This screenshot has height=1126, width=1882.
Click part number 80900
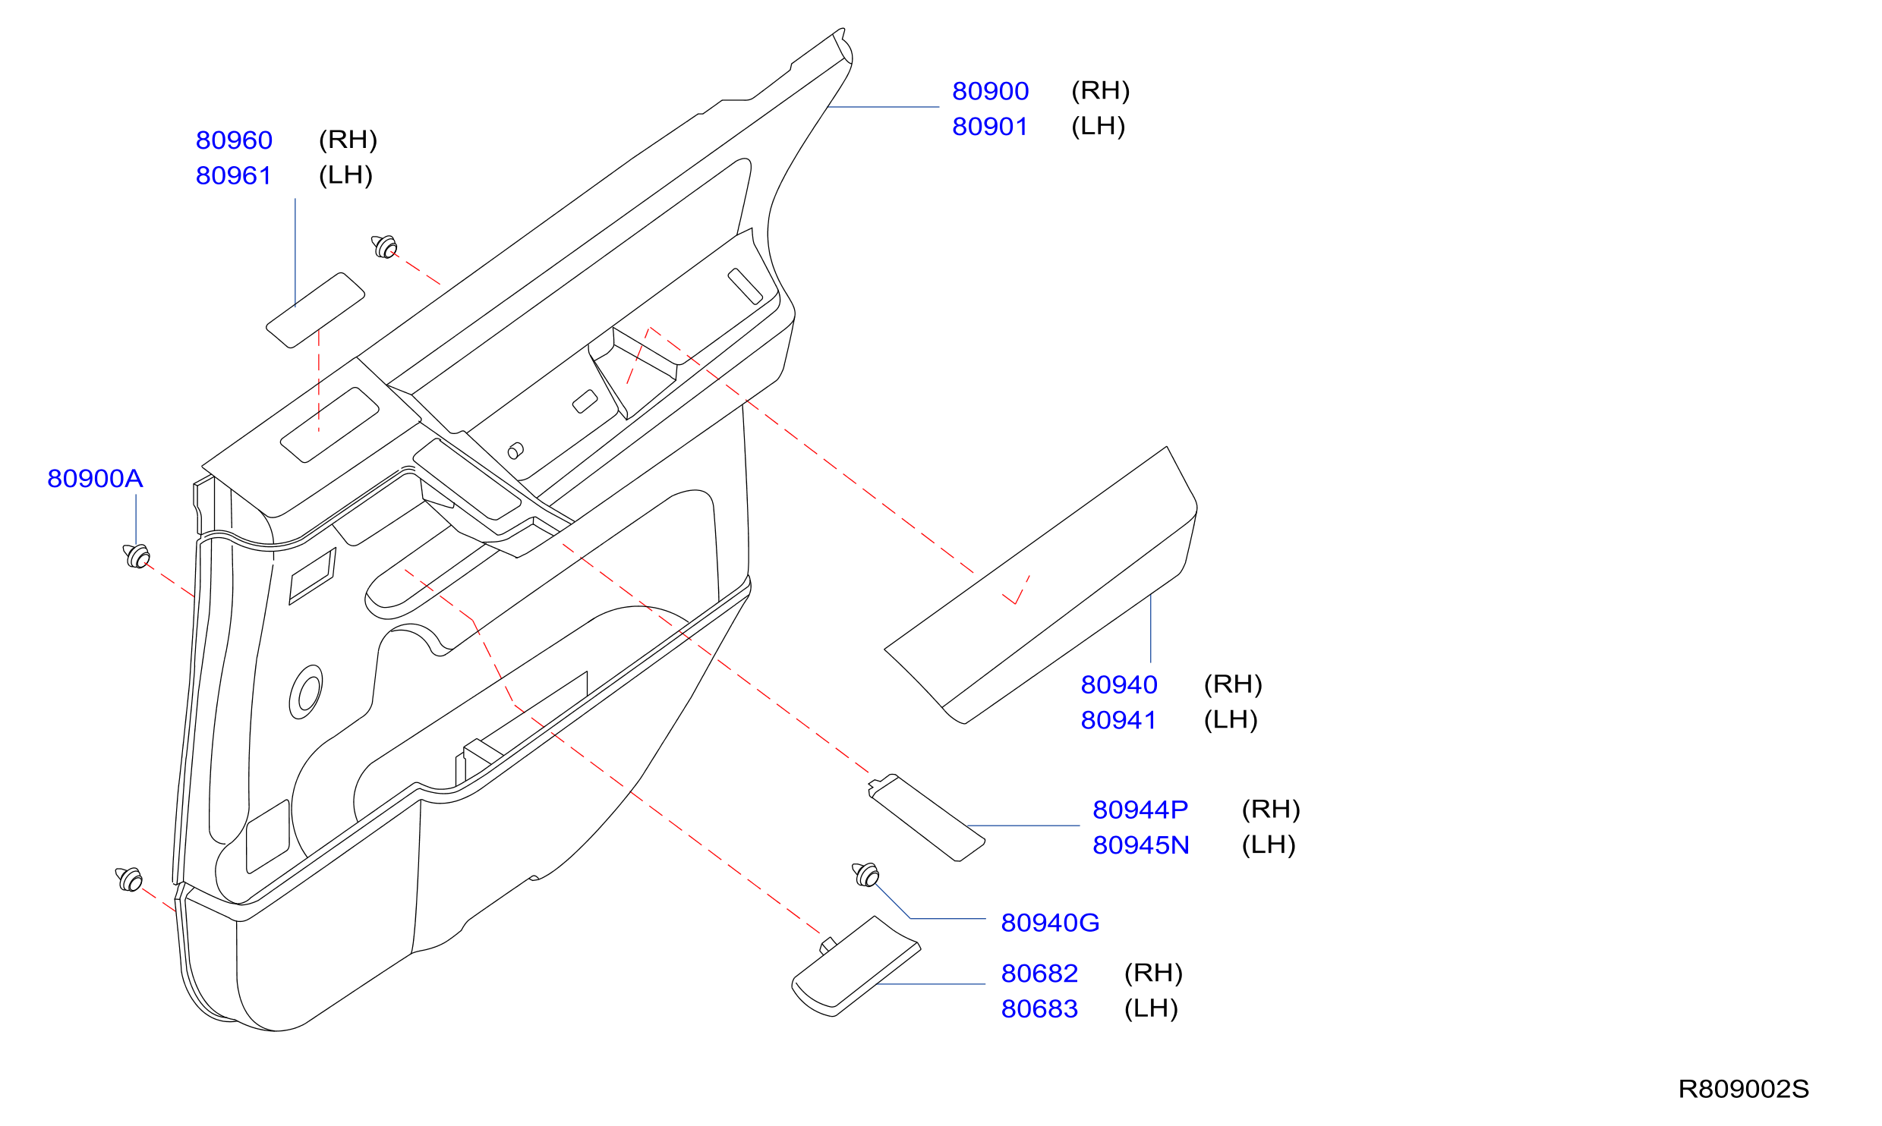[x=990, y=91]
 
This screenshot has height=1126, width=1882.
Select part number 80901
[x=990, y=127]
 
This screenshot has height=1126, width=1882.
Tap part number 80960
[x=234, y=140]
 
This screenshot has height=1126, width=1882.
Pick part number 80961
[x=234, y=176]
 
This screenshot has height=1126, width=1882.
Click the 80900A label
[x=95, y=479]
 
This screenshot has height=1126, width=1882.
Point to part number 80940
[x=1119, y=685]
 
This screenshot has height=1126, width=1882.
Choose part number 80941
[x=1119, y=721]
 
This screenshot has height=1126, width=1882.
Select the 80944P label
[x=1140, y=810]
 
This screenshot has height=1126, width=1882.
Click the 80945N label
[x=1141, y=846]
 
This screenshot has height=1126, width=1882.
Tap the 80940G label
[x=1050, y=923]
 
